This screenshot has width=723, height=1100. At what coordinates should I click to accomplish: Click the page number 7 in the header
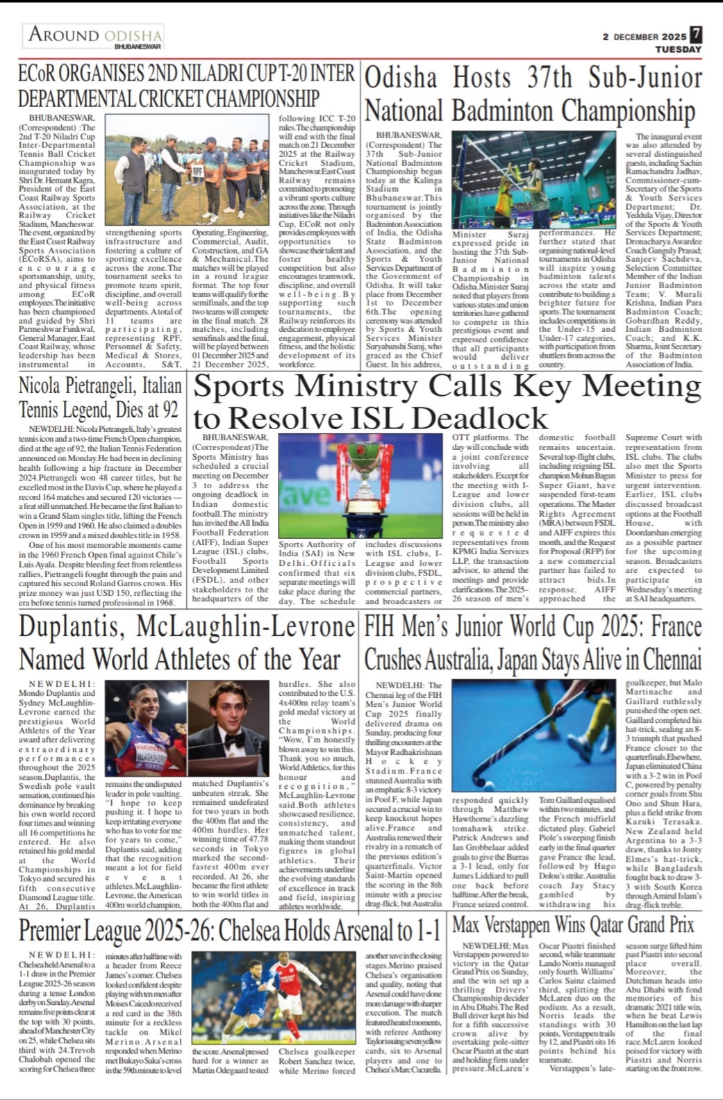click(695, 34)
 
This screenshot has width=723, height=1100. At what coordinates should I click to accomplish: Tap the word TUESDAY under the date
click(678, 49)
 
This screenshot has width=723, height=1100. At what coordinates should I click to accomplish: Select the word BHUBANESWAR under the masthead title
click(138, 47)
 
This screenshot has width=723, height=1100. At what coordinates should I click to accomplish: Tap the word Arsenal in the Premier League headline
click(380, 929)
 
